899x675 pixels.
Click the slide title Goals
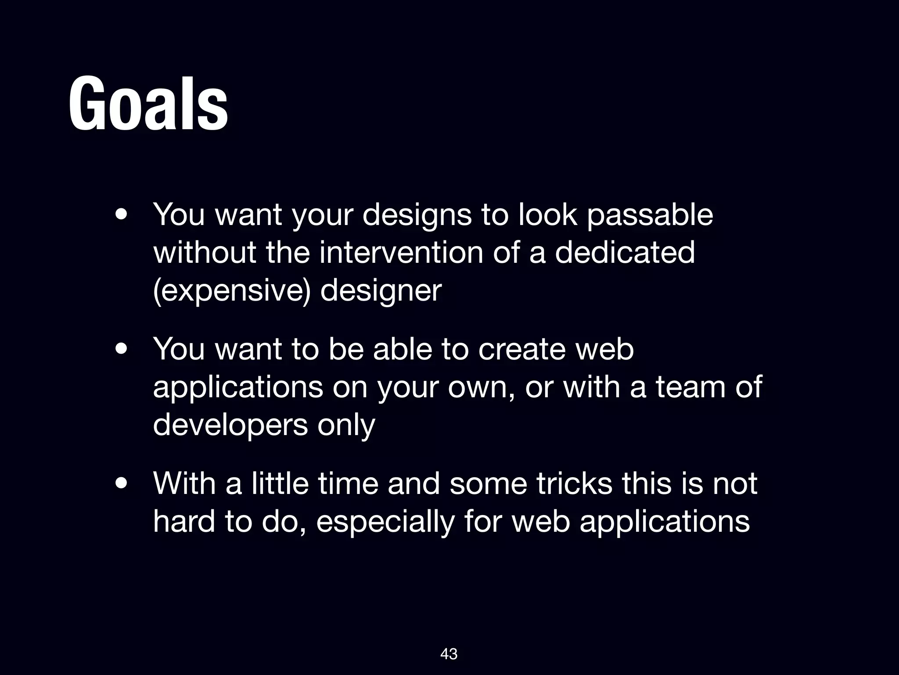(x=148, y=105)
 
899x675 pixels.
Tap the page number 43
(x=449, y=654)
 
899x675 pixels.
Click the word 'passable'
(x=650, y=215)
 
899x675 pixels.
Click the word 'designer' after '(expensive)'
(x=381, y=291)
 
